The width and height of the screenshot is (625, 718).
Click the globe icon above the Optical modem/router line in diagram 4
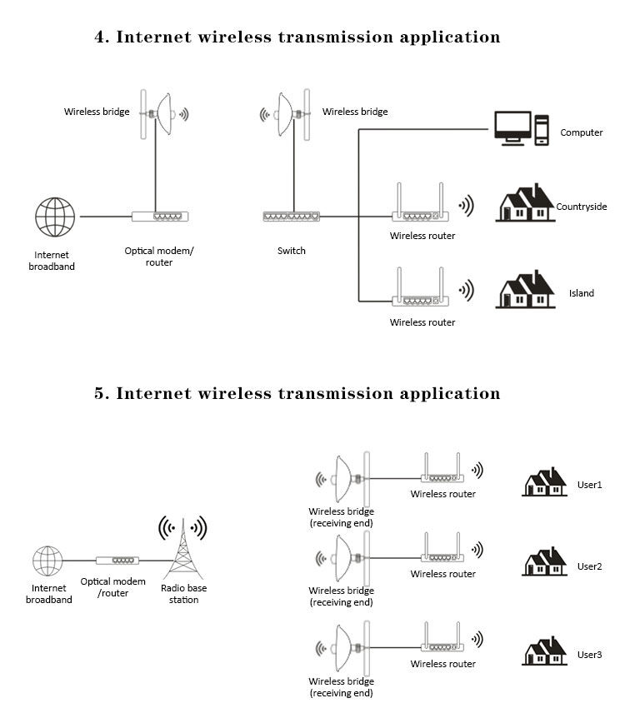pyautogui.click(x=55, y=217)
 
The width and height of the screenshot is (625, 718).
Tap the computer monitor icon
pyautogui.click(x=512, y=127)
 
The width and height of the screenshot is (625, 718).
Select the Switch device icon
pyautogui.click(x=291, y=217)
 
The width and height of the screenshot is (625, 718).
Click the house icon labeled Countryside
pyautogui.click(x=524, y=204)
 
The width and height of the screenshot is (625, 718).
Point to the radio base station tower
pyautogui.click(x=182, y=551)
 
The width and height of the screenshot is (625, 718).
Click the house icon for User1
pyautogui.click(x=544, y=482)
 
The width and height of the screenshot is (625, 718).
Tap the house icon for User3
pyautogui.click(x=544, y=651)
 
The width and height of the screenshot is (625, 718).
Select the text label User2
pyautogui.click(x=589, y=566)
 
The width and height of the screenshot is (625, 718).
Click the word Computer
pyautogui.click(x=581, y=132)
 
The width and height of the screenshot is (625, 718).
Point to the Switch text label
pyautogui.click(x=291, y=251)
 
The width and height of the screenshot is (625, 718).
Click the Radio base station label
pyautogui.click(x=183, y=594)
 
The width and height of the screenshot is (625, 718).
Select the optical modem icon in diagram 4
pyautogui.click(x=160, y=217)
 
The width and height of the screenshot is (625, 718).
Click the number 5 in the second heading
pyautogui.click(x=101, y=393)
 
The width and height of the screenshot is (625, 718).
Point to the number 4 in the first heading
pyautogui.click(x=101, y=37)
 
